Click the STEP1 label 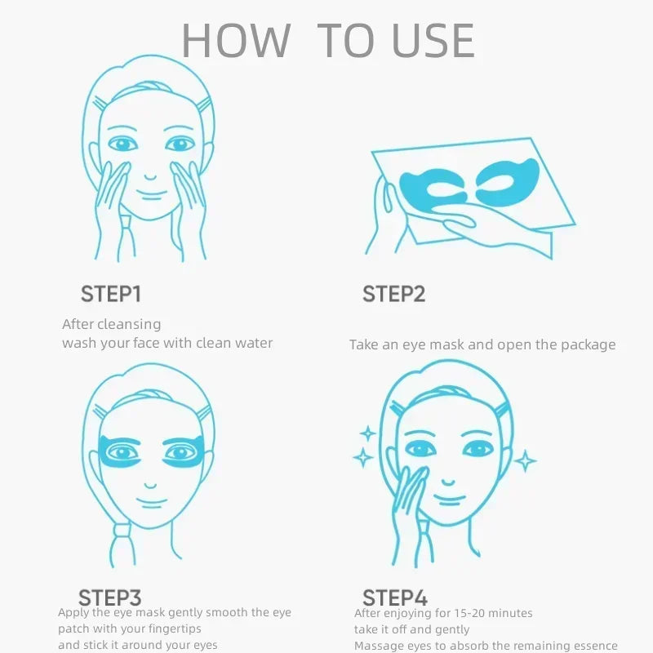[110, 294]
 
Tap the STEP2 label [393, 294]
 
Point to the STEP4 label [395, 597]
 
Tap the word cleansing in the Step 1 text [130, 325]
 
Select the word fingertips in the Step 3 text [167, 629]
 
